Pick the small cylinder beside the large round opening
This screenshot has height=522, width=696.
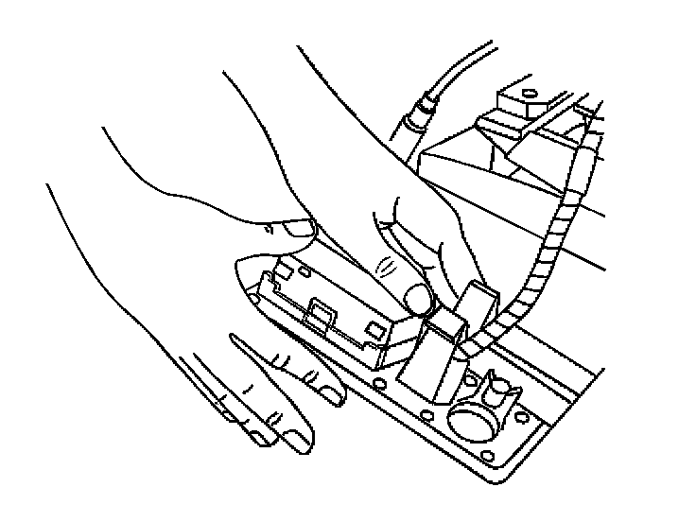click(x=499, y=389)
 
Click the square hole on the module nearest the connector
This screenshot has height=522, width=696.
click(x=376, y=330)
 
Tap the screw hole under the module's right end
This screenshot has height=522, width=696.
click(x=378, y=383)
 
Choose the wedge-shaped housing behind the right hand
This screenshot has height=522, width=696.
click(x=492, y=180)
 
